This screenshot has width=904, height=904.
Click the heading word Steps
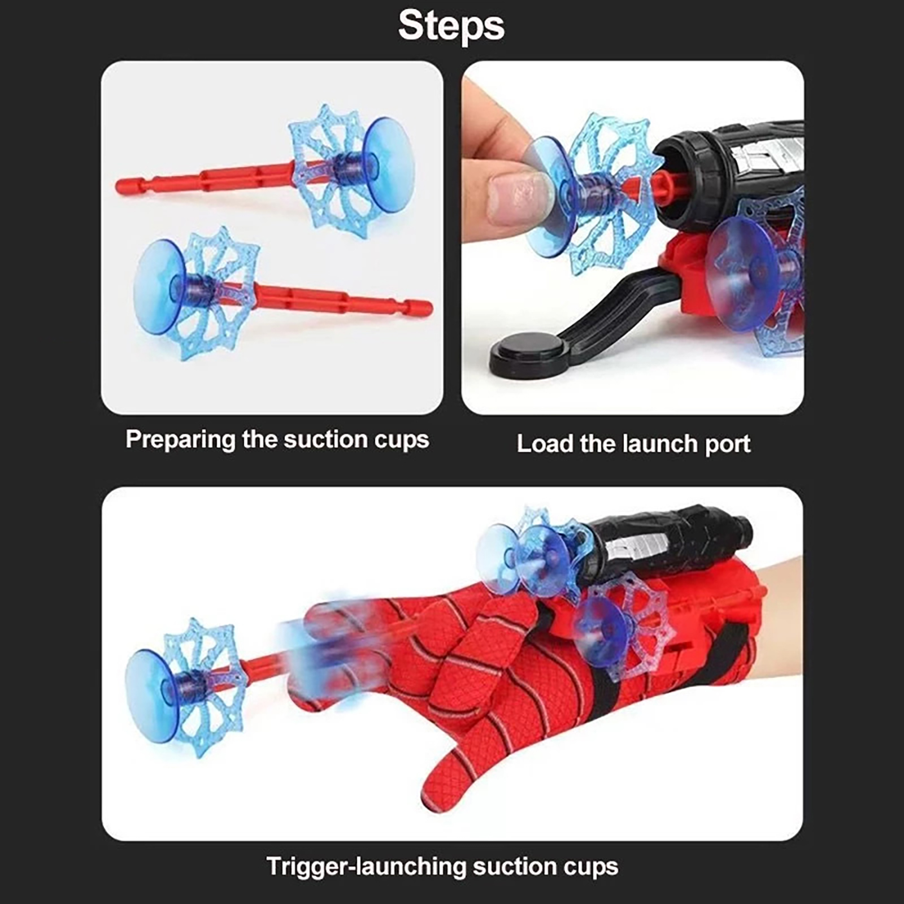point(451,26)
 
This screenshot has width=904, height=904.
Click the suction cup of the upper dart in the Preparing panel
point(389,164)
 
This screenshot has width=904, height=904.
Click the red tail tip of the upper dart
point(122,184)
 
